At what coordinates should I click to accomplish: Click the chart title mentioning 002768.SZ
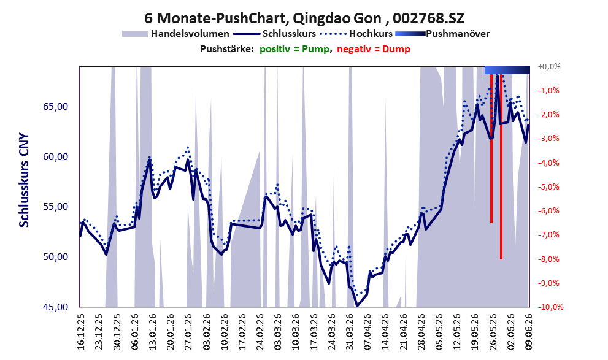click(304, 18)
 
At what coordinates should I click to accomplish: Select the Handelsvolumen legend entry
click(175, 34)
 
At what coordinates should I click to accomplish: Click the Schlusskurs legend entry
click(274, 34)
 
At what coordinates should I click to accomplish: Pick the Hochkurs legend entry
click(356, 34)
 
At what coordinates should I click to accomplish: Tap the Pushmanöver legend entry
click(442, 34)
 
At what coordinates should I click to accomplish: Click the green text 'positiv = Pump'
click(294, 49)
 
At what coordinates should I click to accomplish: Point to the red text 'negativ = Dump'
click(374, 49)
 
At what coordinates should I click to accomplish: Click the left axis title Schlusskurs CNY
click(24, 180)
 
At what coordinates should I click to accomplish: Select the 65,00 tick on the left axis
click(55, 107)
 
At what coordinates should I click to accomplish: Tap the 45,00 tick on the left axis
click(55, 307)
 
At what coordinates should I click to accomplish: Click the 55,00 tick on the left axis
click(55, 207)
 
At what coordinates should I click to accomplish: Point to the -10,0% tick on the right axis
click(550, 307)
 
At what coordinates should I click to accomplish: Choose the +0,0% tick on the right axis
click(549, 67)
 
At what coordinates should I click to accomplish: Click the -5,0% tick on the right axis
click(548, 187)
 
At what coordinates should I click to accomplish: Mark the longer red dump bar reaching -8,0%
click(501, 167)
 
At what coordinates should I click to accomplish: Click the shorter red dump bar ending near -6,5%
click(491, 148)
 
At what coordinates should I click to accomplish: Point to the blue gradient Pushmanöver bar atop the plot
click(507, 70)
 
